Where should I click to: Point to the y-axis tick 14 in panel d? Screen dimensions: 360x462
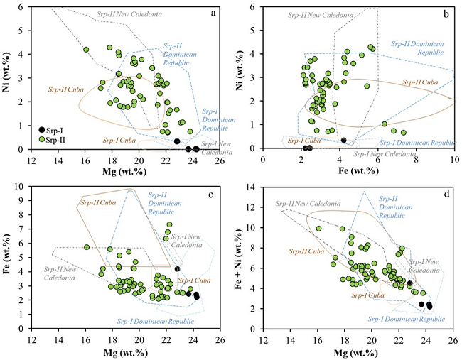point(254,187)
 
